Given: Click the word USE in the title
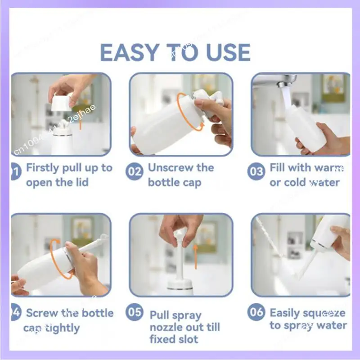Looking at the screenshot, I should pos(228,53).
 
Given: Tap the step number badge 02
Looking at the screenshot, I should pos(135,171).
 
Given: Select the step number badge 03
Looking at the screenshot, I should pos(256,171).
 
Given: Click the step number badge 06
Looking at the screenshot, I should pos(256,312).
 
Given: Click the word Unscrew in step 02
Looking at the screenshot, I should pos(171,168).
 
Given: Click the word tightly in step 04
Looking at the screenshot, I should pos(58,328).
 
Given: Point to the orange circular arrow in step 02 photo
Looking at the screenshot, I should pos(182,112).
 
